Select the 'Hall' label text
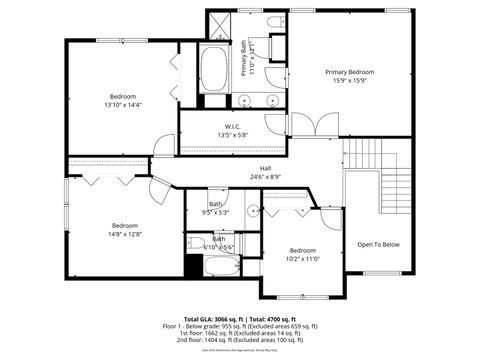click(x=266, y=168)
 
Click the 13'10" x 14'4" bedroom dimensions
click(x=124, y=104)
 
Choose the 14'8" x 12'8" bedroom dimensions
click(x=124, y=235)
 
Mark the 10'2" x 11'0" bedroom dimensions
click(x=302, y=259)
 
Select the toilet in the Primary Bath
click(x=275, y=24)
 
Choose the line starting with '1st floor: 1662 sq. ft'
click(x=240, y=333)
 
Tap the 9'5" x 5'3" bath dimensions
click(x=215, y=212)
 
